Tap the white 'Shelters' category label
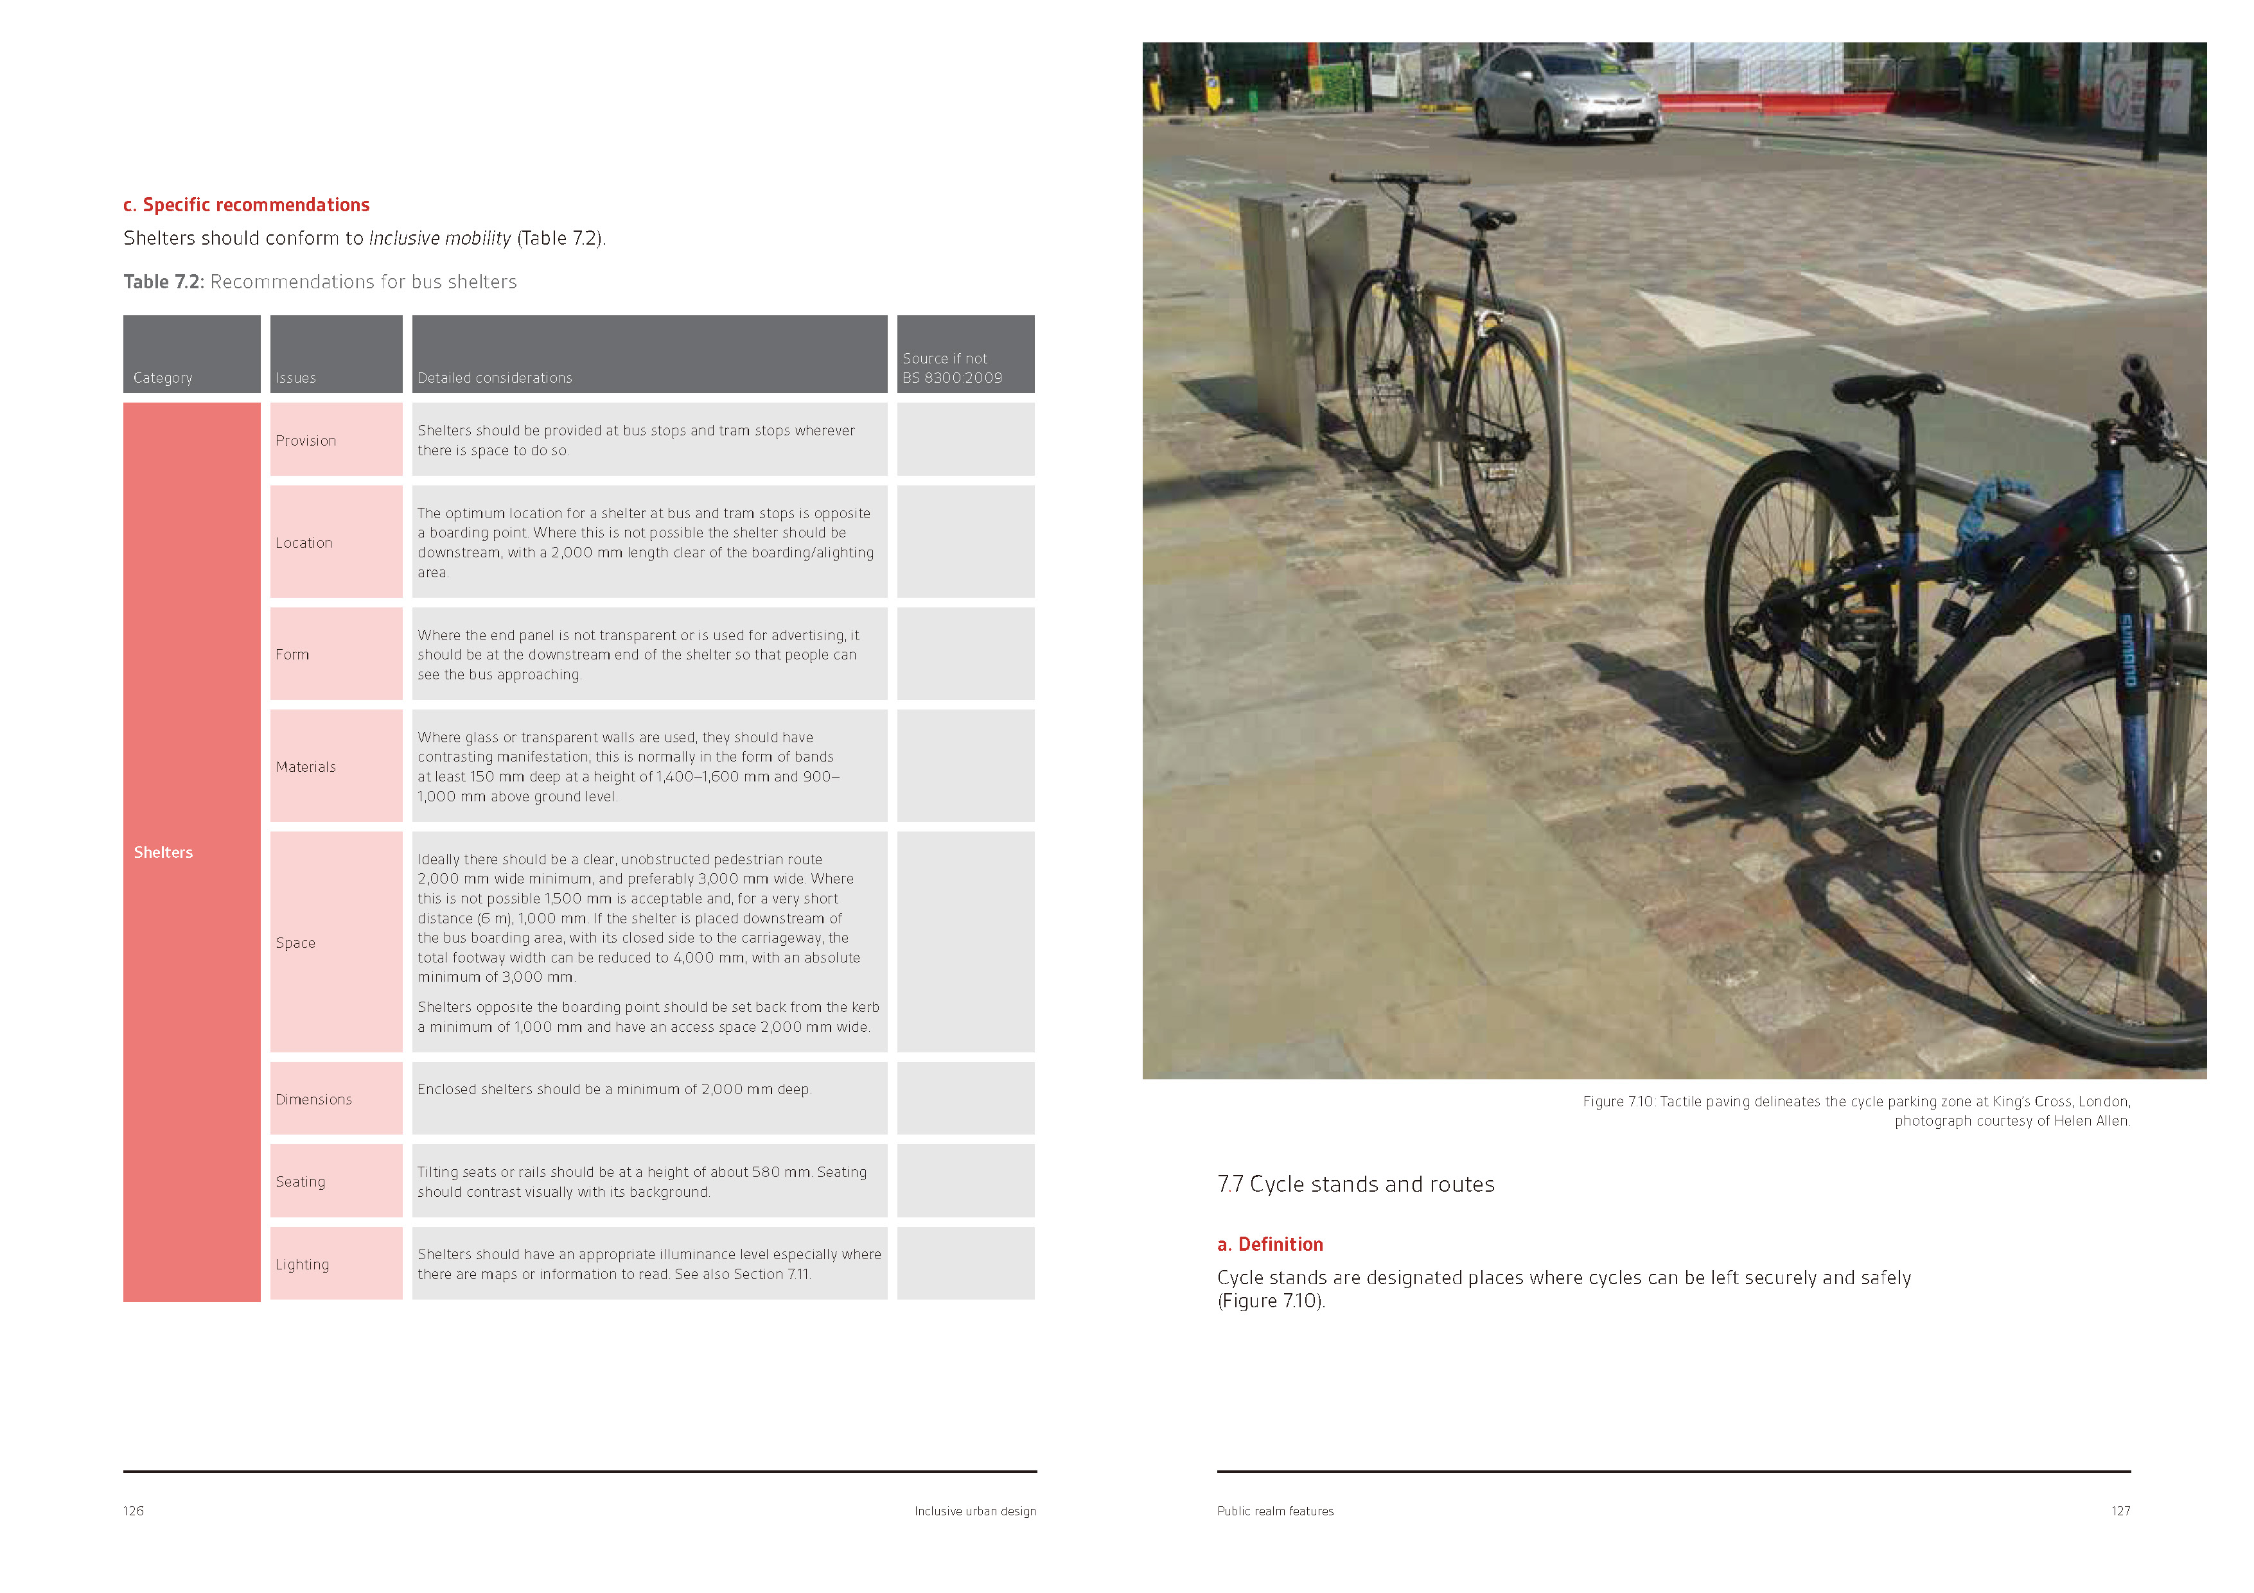pos(163,852)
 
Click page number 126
pos(134,1511)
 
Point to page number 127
pos(2120,1511)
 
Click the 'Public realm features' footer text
pos(1274,1511)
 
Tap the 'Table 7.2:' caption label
pos(163,282)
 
